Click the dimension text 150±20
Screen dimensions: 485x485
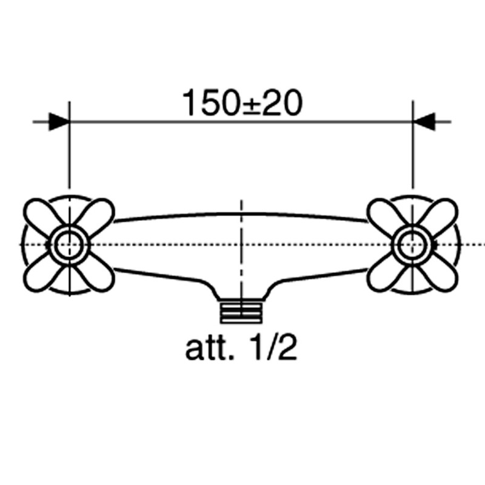pyautogui.click(x=242, y=103)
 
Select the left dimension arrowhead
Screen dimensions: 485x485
pyautogui.click(x=59, y=122)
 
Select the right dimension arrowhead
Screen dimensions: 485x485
pyautogui.click(x=424, y=122)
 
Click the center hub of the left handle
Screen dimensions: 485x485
pyautogui.click(x=69, y=245)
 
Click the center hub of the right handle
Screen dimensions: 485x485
pyautogui.click(x=412, y=245)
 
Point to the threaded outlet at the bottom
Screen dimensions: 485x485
pyautogui.click(x=241, y=313)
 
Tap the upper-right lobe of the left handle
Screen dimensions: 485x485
pyautogui.click(x=97, y=214)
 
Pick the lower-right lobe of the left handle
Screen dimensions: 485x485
pyautogui.click(x=97, y=275)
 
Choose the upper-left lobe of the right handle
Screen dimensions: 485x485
pyautogui.click(x=384, y=214)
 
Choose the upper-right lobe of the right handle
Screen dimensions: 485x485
pyautogui.click(x=441, y=214)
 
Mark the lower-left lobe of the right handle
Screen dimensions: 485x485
pyautogui.click(x=384, y=275)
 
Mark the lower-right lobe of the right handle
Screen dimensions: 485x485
pyautogui.click(x=441, y=275)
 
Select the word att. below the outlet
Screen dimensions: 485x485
pyautogui.click(x=209, y=349)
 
